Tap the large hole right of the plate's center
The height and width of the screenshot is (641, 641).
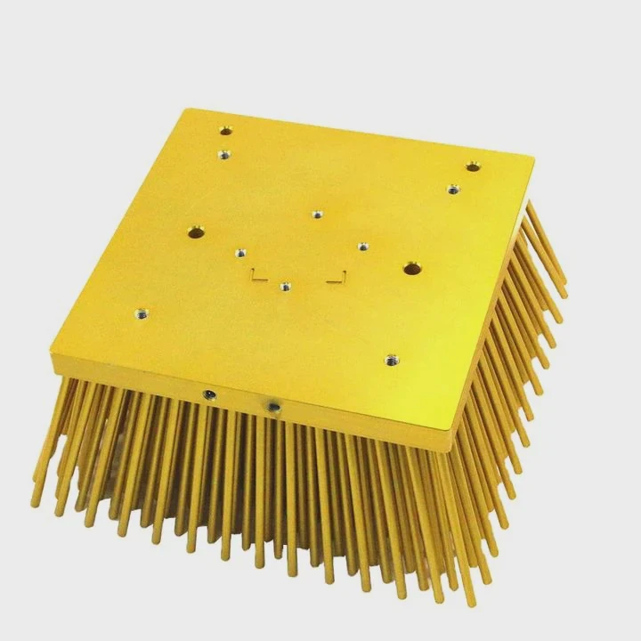click(410, 268)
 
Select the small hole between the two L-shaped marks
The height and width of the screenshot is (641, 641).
click(284, 287)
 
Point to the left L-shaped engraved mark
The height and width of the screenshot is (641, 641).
click(256, 275)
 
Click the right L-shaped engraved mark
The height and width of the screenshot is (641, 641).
click(337, 278)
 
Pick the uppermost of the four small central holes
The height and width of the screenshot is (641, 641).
click(317, 214)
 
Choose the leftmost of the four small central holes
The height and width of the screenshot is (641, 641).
click(239, 253)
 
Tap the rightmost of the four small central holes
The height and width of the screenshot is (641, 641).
click(362, 247)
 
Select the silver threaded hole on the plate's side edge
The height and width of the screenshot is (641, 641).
click(274, 407)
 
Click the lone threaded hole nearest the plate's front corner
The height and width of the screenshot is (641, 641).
click(391, 361)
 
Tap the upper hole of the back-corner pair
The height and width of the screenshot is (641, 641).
click(226, 131)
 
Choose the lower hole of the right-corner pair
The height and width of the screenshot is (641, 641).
click(453, 189)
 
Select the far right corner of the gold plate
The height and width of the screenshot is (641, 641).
click(534, 157)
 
